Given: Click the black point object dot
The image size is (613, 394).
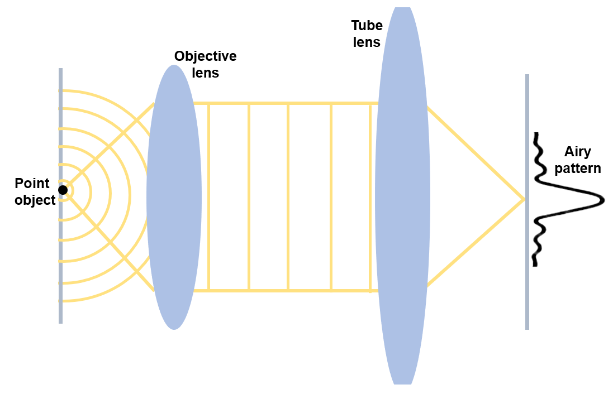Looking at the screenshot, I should pos(63,190).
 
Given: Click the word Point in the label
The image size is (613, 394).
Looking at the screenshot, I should pos(32,183).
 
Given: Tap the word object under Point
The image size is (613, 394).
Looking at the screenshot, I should pos(35,200).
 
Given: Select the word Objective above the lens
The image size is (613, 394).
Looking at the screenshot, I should pos(205,56).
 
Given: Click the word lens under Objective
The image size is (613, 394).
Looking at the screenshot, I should pos(205,73).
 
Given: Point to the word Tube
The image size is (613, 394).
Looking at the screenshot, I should pos(367,26).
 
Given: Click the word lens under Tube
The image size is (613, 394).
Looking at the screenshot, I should pos(367,42).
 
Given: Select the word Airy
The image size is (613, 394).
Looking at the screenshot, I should pos(577,152).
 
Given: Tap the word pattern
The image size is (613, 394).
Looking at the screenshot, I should pos(577,169).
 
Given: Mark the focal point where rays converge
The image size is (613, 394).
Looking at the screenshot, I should pos(523,199).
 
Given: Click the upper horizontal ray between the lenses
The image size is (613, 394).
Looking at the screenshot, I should pos(291,103).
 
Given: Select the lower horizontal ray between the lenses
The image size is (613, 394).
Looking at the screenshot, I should pos(291,290).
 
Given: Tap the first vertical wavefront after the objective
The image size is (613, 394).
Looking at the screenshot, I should pos(208,195).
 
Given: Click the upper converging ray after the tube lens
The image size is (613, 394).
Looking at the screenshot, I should pos(475,151).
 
